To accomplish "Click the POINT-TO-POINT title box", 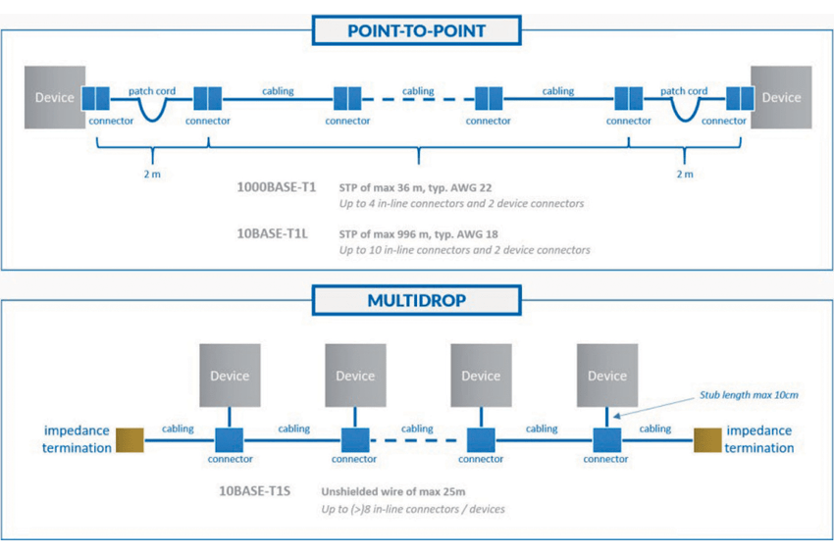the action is (x=416, y=30).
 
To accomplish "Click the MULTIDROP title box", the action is (x=416, y=300).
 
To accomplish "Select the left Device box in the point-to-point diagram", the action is (x=55, y=97).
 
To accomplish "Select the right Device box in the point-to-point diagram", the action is (x=781, y=97).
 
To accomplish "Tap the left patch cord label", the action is (x=152, y=91).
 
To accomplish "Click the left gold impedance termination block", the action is (x=130, y=440).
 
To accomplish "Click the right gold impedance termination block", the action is (x=707, y=440).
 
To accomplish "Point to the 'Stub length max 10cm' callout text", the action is (x=749, y=395).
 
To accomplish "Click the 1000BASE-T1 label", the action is (x=277, y=187).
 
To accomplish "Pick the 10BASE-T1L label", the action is (x=273, y=233).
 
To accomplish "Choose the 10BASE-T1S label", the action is (x=255, y=490).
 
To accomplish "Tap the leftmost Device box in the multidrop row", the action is (x=230, y=376).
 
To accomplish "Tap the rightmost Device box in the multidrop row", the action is (x=607, y=376).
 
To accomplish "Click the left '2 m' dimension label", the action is (x=152, y=174).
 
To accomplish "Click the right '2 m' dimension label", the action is (x=685, y=174).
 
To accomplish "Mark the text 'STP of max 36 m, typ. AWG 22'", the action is (x=415, y=187).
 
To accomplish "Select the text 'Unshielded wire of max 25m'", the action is (x=393, y=491).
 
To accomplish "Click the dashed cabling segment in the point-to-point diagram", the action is (x=418, y=99).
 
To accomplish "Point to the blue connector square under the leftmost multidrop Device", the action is (x=230, y=440).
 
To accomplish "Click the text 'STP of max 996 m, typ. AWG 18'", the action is (x=419, y=234).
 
